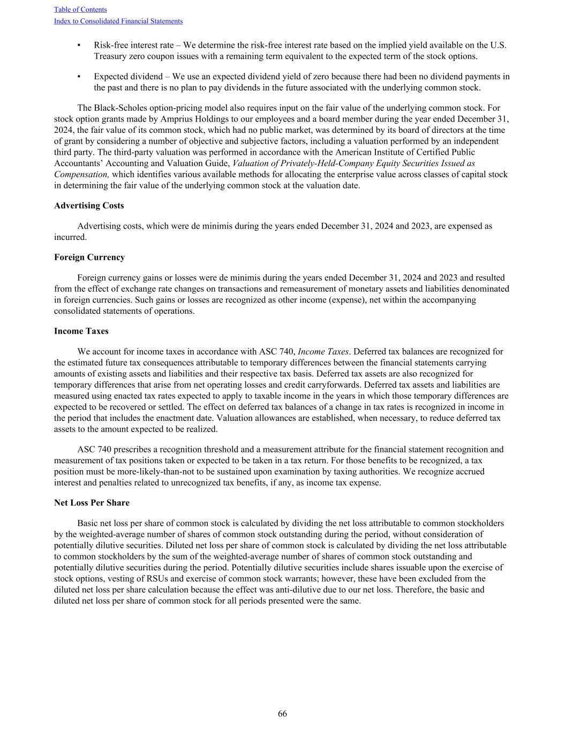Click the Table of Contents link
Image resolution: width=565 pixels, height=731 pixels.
(x=80, y=10)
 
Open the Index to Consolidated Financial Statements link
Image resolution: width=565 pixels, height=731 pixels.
(x=118, y=21)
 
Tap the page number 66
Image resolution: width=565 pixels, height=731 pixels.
(x=282, y=713)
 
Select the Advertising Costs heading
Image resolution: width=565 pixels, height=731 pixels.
(x=89, y=206)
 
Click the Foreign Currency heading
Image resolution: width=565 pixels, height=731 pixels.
(x=89, y=257)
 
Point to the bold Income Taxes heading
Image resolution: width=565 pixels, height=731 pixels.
(x=81, y=331)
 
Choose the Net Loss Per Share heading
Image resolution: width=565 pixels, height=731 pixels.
(x=92, y=503)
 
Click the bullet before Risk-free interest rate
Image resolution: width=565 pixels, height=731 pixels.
(x=79, y=46)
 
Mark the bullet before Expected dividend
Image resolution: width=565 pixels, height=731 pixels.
(x=79, y=77)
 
